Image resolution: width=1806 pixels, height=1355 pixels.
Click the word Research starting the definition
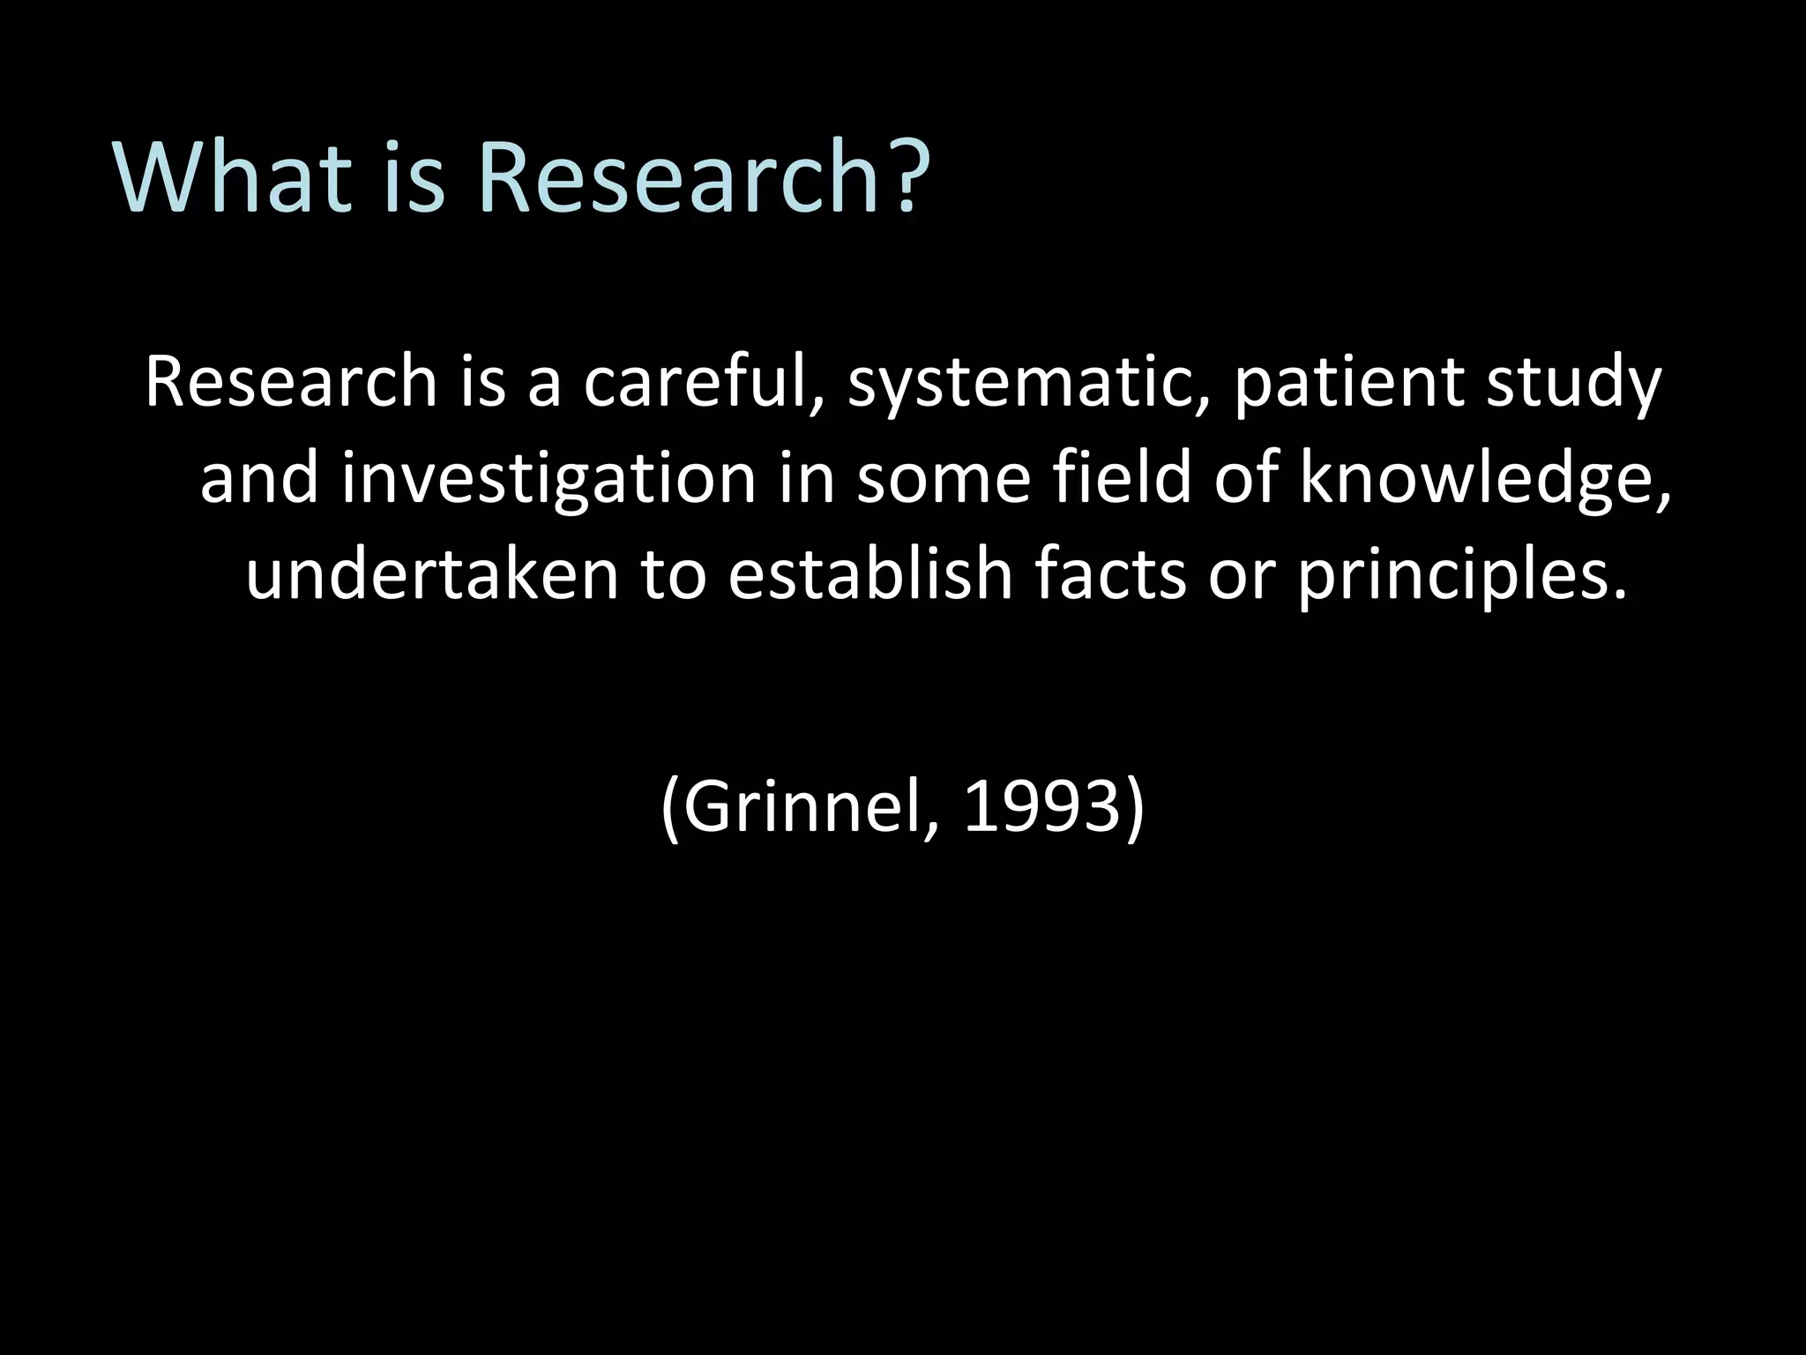[291, 385]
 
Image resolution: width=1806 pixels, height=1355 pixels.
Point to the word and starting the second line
[258, 480]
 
